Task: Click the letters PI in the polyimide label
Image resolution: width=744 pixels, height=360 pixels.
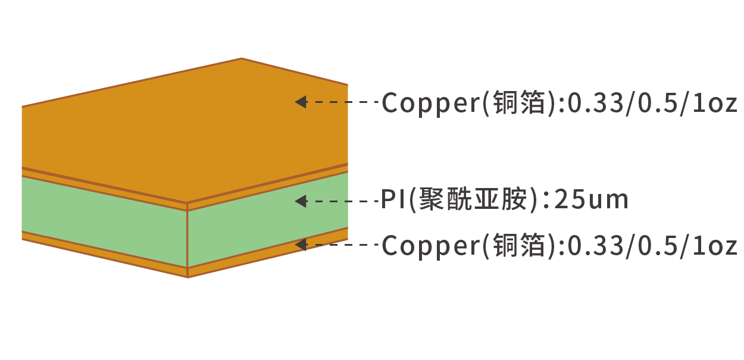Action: [x=393, y=199]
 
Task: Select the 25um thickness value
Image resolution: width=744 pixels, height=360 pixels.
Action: [x=591, y=199]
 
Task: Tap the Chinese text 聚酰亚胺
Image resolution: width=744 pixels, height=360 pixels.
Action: [x=473, y=199]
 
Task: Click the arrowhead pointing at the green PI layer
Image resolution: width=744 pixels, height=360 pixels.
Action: [x=301, y=201]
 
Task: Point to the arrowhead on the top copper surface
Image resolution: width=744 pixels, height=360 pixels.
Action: [x=301, y=102]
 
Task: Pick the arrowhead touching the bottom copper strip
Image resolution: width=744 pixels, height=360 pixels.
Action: [x=301, y=245]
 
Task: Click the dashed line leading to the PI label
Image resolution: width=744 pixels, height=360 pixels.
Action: [x=342, y=201]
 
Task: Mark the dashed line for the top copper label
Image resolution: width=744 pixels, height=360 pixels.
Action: [x=342, y=102]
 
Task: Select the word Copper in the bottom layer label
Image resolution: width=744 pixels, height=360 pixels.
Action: [x=430, y=246]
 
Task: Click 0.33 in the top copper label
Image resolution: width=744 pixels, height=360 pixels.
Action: [x=595, y=103]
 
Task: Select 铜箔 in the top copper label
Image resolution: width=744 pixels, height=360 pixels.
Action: [x=520, y=102]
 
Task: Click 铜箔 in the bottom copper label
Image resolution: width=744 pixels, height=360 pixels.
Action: [x=520, y=245]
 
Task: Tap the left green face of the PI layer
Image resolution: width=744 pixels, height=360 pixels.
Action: [x=104, y=221]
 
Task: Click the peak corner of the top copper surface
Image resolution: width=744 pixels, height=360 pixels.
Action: [x=242, y=58]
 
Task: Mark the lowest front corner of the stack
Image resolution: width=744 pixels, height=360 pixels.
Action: [x=187, y=277]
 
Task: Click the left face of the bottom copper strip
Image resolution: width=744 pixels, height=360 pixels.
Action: [x=104, y=254]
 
